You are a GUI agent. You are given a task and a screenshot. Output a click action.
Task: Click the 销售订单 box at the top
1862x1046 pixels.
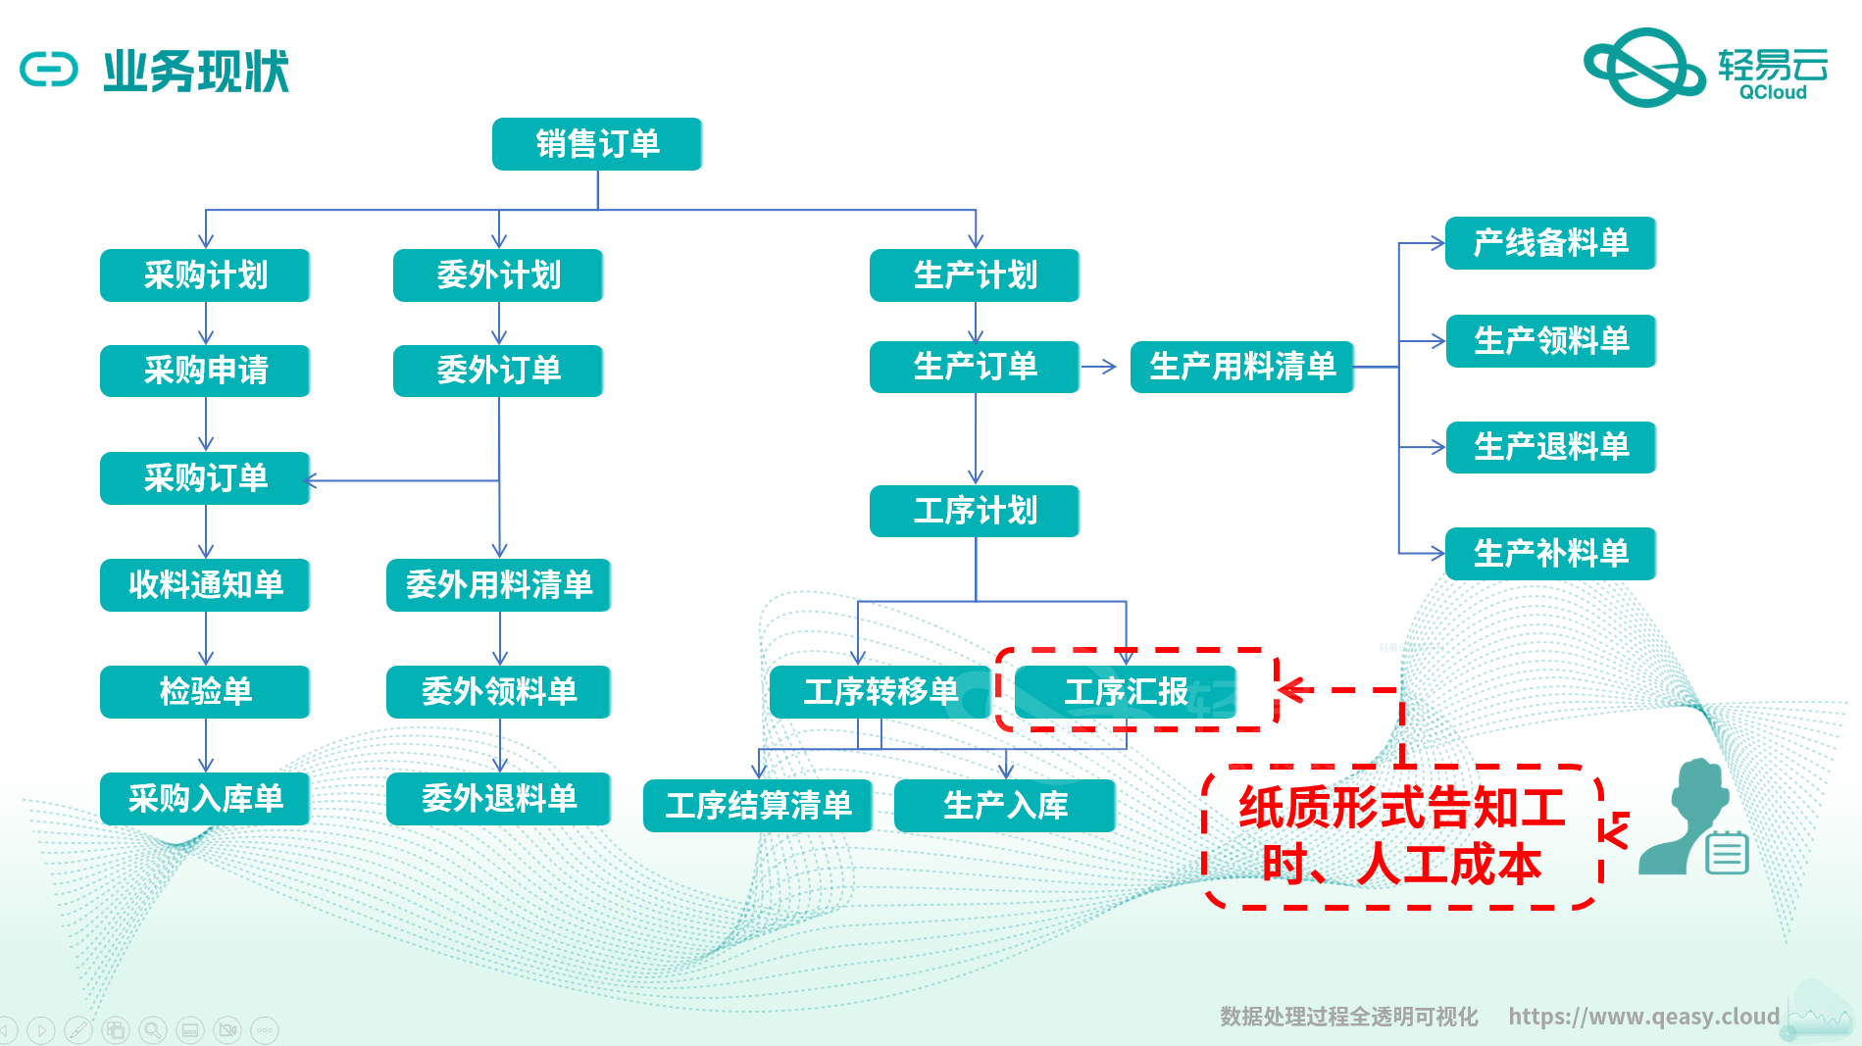point(597,144)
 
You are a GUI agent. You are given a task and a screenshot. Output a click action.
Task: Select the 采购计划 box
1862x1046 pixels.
point(205,275)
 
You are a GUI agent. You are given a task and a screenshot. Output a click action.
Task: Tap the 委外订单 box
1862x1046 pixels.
point(498,371)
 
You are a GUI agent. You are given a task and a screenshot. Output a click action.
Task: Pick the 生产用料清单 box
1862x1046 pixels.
point(1241,367)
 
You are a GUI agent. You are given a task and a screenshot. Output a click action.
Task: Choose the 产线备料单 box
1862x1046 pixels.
point(1550,243)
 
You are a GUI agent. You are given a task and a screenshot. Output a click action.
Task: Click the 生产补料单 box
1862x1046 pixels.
point(1550,554)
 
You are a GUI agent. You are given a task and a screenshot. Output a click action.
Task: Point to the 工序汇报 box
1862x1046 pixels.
point(1126,692)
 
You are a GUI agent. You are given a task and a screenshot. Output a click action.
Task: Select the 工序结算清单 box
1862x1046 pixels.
point(758,806)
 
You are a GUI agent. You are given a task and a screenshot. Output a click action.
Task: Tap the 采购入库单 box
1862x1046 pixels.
point(205,799)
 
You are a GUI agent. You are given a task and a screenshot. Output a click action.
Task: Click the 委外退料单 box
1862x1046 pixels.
point(498,799)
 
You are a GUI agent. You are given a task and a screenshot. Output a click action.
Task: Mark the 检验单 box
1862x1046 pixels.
point(205,692)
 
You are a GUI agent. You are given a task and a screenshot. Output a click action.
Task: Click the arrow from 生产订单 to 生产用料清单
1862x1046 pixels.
point(1099,367)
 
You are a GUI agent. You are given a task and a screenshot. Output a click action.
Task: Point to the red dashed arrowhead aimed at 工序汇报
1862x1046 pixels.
point(1293,690)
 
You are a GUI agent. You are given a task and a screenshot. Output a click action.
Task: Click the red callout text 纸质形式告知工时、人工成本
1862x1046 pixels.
point(1401,836)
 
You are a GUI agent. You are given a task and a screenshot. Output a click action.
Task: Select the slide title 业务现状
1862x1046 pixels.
point(196,72)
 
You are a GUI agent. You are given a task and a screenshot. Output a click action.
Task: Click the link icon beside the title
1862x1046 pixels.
point(49,71)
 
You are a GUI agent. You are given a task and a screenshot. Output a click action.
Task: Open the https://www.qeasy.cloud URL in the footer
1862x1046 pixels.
point(1643,1017)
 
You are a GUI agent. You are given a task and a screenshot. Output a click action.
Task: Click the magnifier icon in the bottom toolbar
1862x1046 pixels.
point(152,1030)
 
